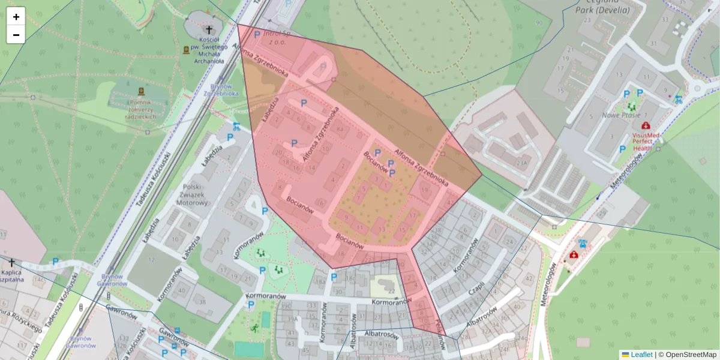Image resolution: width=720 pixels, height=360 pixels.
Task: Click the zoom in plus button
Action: pyautogui.click(x=16, y=17)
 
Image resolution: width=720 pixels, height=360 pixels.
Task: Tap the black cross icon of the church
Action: pyautogui.click(x=209, y=29)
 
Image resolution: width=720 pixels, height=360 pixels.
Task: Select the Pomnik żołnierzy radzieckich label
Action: pyautogui.click(x=141, y=109)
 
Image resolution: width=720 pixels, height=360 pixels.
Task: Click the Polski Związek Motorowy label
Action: pyautogui.click(x=192, y=195)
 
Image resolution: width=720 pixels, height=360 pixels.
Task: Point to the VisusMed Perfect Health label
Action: pyautogui.click(x=646, y=142)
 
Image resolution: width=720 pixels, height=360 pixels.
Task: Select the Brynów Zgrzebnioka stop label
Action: pyautogui.click(x=221, y=90)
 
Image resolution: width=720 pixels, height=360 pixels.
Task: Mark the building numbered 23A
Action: pyautogui.click(x=521, y=162)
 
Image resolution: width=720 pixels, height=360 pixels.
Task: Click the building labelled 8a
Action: pyautogui.click(x=341, y=128)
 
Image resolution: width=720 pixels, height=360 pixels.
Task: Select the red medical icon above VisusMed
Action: pyautogui.click(x=646, y=125)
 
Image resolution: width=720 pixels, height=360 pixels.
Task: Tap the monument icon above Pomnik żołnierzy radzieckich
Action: pyautogui.click(x=141, y=91)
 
